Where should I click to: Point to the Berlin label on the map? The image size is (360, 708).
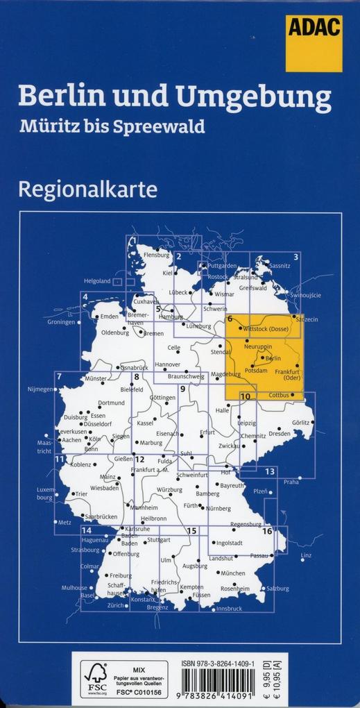click(273, 357)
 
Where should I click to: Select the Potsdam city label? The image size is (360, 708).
click(256, 371)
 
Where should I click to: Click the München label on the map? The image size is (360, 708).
click(233, 573)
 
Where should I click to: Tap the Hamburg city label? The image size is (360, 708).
click(171, 317)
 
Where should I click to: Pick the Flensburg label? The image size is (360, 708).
click(156, 255)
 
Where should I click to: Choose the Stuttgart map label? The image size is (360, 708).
click(159, 539)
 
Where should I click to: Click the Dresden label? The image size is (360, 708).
click(280, 433)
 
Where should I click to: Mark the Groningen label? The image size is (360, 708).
click(61, 322)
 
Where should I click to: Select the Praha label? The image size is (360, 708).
click(291, 481)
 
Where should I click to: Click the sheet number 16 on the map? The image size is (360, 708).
click(267, 531)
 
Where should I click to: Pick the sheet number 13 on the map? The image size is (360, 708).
click(270, 472)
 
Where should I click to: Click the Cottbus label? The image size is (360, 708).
click(277, 395)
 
